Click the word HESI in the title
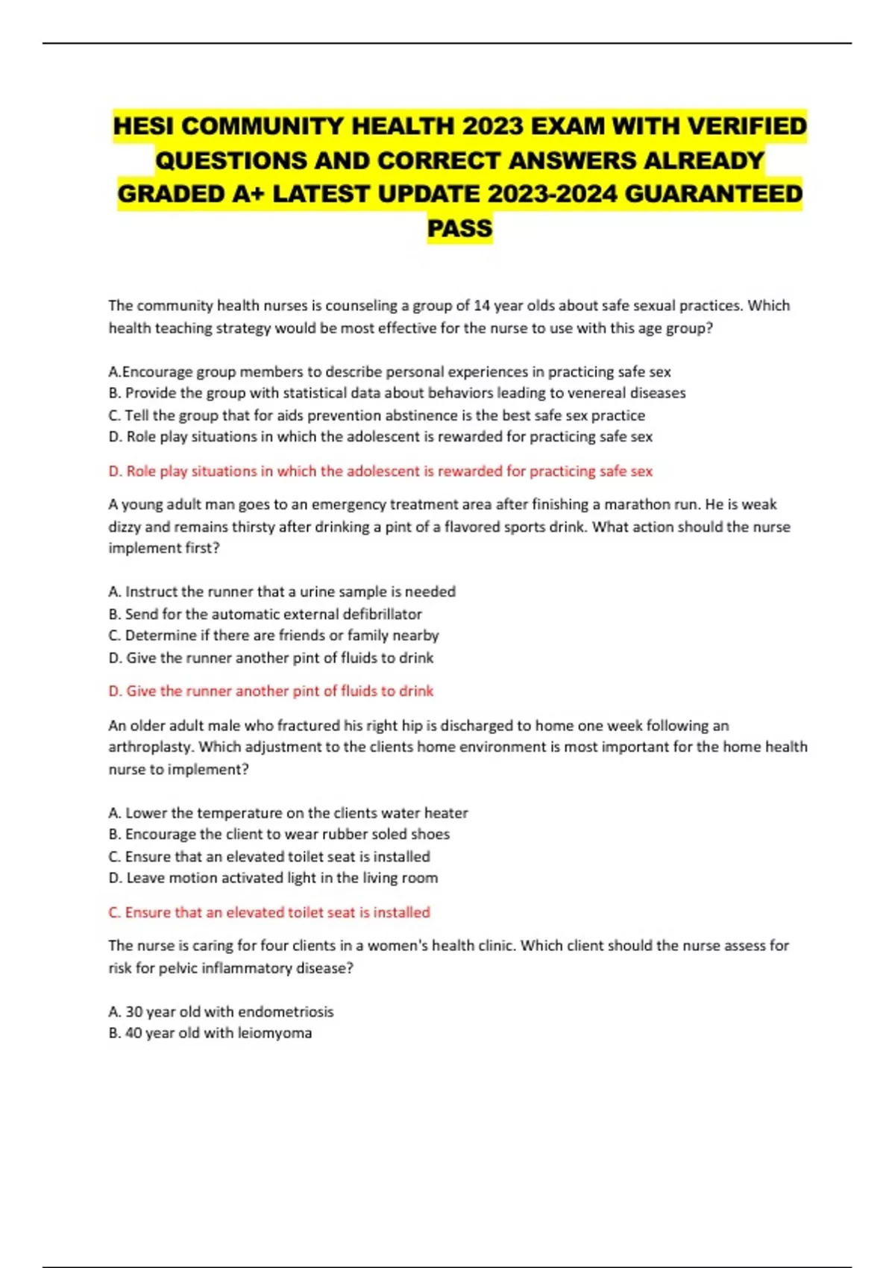pyautogui.click(x=144, y=126)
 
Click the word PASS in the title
pyautogui.click(x=459, y=227)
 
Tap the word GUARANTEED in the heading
pyautogui.click(x=713, y=194)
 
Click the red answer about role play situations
pyautogui.click(x=380, y=471)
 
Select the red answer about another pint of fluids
pyautogui.click(x=271, y=691)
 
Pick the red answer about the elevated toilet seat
pyautogui.click(x=269, y=912)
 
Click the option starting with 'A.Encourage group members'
pyautogui.click(x=389, y=371)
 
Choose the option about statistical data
pyautogui.click(x=397, y=393)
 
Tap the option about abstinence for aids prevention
pyautogui.click(x=377, y=415)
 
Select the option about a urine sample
pyautogui.click(x=282, y=591)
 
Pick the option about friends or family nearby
pyautogui.click(x=274, y=635)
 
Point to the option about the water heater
pyautogui.click(x=288, y=813)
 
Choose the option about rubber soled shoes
pyautogui.click(x=279, y=834)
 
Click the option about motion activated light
pyautogui.click(x=273, y=878)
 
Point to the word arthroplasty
pyautogui.click(x=151, y=747)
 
